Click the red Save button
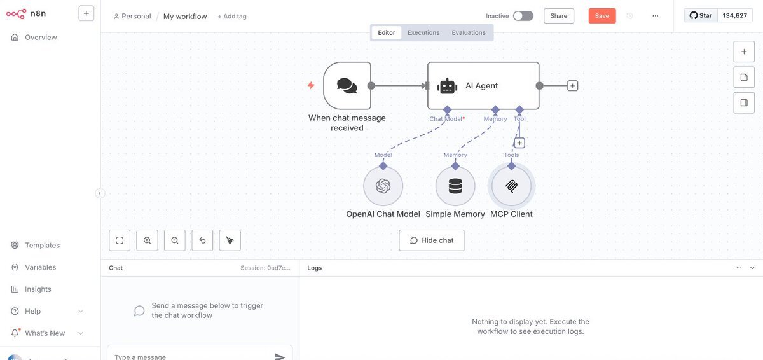pos(601,16)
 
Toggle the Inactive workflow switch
pos(523,16)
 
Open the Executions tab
pos(423,32)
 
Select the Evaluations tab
pos(469,32)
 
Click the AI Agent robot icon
pos(448,86)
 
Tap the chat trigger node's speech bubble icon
pos(347,86)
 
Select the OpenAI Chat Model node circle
pos(383,186)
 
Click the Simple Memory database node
pos(455,186)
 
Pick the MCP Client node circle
pos(512,186)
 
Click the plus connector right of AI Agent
pos(572,86)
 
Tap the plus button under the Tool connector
pos(519,143)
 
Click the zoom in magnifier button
pos(147,240)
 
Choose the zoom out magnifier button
pos(174,240)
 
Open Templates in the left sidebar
pos(42,246)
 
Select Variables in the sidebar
pos(40,267)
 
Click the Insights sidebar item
pos(38,289)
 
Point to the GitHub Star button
pos(701,15)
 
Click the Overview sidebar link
pos(41,38)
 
